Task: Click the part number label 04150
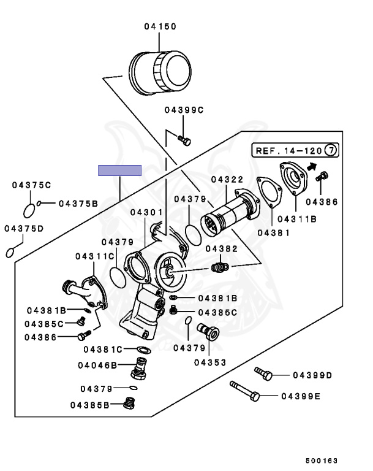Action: click(x=160, y=26)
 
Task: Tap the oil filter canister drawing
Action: click(x=160, y=73)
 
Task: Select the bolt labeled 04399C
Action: click(x=184, y=140)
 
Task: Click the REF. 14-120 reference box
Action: click(x=295, y=150)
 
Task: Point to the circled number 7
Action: click(x=331, y=150)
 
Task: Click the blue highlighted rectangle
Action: click(x=119, y=170)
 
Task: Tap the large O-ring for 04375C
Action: click(x=29, y=210)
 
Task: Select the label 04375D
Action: click(x=24, y=229)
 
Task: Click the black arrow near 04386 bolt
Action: click(x=312, y=166)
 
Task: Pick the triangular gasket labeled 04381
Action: click(x=269, y=192)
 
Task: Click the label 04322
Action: click(x=227, y=179)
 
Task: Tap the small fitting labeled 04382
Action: click(x=220, y=267)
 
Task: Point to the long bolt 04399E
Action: click(x=244, y=391)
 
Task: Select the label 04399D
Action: click(x=312, y=375)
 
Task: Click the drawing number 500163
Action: click(x=322, y=461)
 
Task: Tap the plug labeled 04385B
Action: click(x=129, y=403)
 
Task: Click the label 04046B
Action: click(x=97, y=366)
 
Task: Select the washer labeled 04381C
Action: click(x=144, y=350)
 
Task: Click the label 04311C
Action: click(x=95, y=256)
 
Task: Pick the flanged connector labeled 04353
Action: click(x=208, y=332)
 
